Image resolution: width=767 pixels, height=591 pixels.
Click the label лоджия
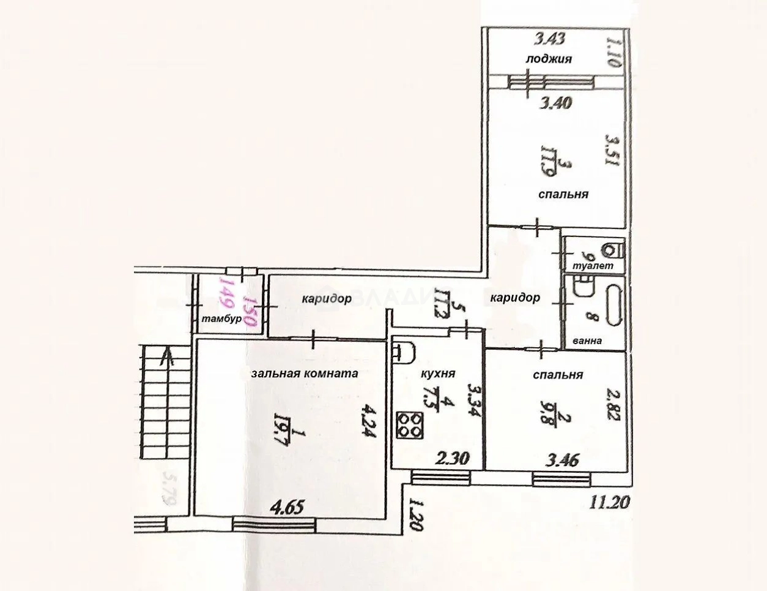549,59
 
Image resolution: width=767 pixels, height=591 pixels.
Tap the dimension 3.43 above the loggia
549,40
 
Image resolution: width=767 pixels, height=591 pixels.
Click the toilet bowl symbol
612,250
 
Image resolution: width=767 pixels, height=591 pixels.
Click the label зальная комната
305,372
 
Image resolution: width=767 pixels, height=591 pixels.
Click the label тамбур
221,320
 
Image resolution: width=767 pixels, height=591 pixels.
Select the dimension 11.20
610,503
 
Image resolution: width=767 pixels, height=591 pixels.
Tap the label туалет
588,266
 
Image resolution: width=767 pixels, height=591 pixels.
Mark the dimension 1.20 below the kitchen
417,513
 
